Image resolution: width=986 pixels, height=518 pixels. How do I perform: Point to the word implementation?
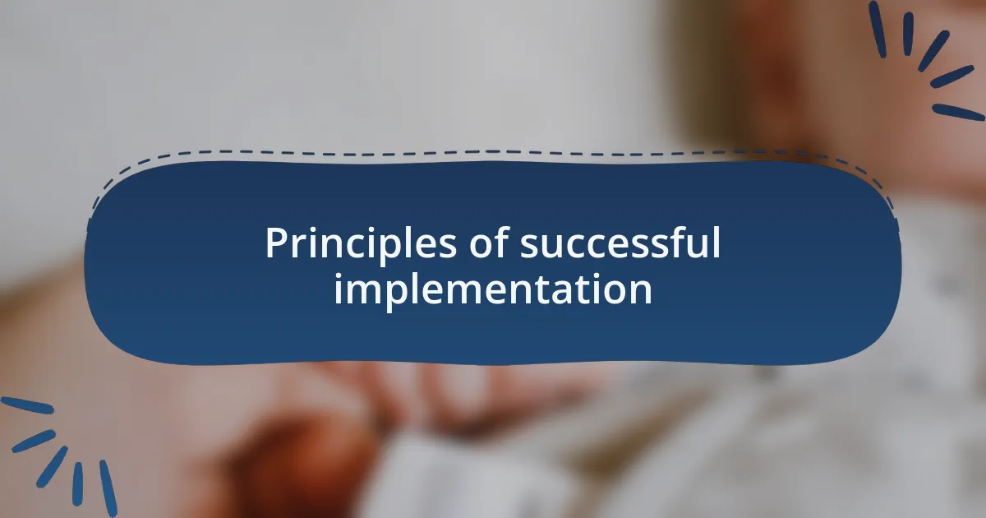pyautogui.click(x=493, y=289)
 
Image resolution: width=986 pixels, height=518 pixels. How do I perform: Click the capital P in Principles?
pyautogui.click(x=275, y=244)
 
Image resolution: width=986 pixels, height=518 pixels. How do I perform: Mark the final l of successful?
pyautogui.click(x=716, y=243)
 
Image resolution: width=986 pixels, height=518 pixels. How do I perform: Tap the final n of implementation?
pyautogui.click(x=642, y=291)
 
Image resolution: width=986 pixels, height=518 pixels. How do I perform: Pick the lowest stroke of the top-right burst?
pyautogui.click(x=958, y=112)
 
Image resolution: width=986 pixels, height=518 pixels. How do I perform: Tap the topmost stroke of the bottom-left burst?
pyautogui.click(x=26, y=405)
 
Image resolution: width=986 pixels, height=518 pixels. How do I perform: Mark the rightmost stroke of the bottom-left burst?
pyautogui.click(x=108, y=488)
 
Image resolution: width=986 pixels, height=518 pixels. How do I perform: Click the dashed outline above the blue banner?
pyautogui.click(x=493, y=153)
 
